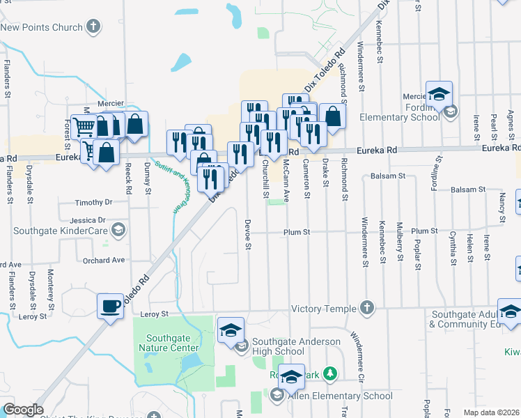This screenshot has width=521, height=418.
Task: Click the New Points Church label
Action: coord(42,27)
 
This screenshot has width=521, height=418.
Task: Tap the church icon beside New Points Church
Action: coord(93,27)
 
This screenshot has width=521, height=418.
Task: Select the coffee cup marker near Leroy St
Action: coord(111,307)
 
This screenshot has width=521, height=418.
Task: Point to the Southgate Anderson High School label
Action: coord(296,346)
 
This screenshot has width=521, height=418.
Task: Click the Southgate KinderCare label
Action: coord(56,230)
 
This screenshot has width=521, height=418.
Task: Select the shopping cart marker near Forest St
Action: coord(84,127)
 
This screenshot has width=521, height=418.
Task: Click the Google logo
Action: coord(23,410)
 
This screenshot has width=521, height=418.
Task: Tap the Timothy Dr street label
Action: coord(94,203)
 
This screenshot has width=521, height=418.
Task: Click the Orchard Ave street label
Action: coord(103,260)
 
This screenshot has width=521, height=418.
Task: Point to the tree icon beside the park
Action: coord(331,374)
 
